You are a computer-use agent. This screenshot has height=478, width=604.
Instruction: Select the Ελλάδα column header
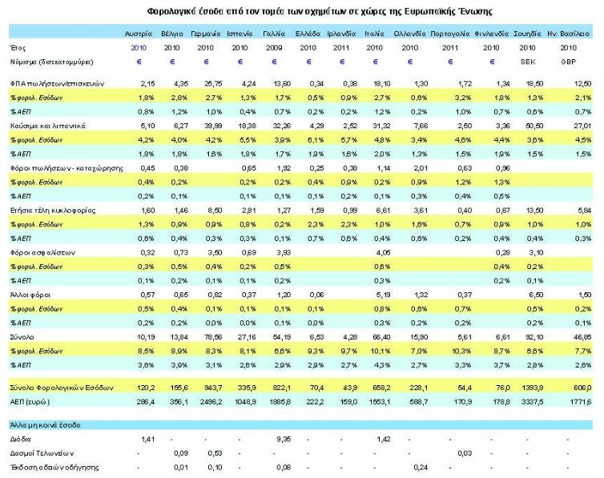[308, 35]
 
